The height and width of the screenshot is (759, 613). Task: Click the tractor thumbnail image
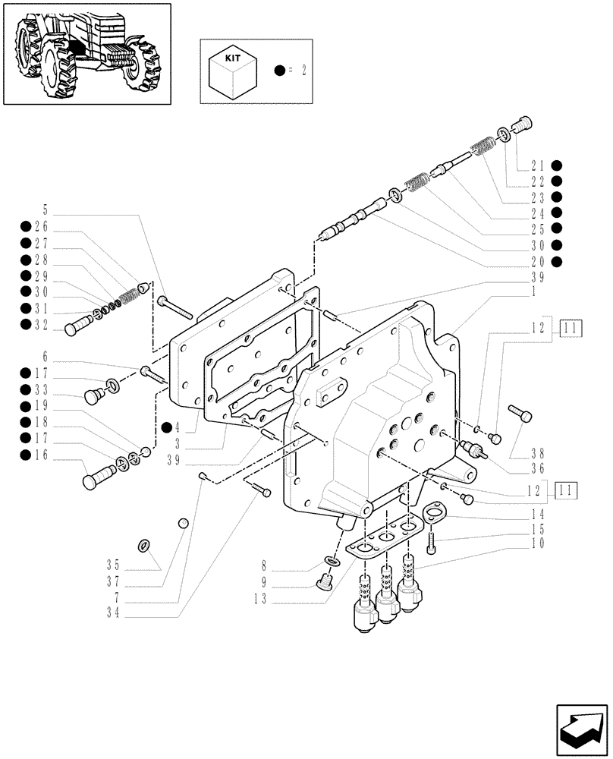pos(86,54)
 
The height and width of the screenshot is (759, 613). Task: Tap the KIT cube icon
pos(232,71)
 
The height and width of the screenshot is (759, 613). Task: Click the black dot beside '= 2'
pos(280,71)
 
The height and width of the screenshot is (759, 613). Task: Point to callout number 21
pos(538,165)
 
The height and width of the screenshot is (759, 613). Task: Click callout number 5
pos(45,209)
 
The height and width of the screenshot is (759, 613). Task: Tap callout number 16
pos(40,455)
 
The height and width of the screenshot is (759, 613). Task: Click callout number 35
pos(114,564)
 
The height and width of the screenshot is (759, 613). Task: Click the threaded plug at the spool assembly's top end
pos(523,123)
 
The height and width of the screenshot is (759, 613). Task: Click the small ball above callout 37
pos(183,523)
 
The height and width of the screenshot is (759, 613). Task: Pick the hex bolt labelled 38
pos(523,414)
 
